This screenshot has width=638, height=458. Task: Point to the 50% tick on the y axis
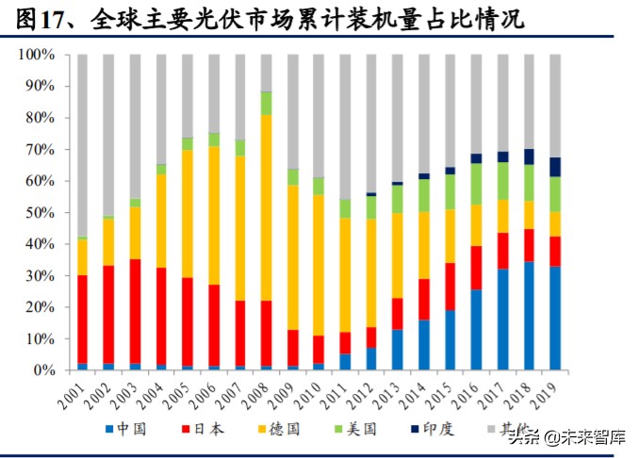41,213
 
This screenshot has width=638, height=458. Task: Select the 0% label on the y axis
45,370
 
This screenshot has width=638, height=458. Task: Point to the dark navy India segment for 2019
554,167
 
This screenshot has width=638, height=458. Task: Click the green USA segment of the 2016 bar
476,184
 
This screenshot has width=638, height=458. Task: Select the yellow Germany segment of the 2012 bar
371,273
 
